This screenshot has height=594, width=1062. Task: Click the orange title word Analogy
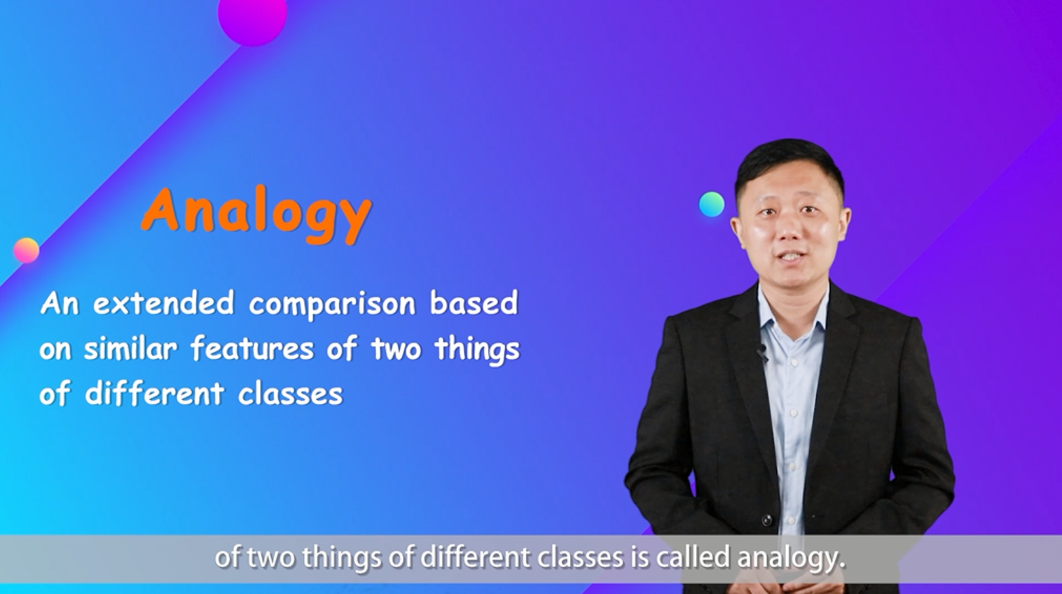tap(256, 214)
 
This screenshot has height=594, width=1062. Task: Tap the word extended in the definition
tap(163, 303)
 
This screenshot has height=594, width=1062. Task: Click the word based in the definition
tap(474, 303)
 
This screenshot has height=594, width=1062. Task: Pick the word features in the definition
tap(251, 348)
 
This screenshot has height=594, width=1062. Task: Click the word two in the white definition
tap(396, 350)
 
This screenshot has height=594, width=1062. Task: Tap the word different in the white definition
tap(154, 394)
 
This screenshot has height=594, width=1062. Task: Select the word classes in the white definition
tap(290, 394)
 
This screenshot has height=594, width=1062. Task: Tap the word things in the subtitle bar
tap(341, 559)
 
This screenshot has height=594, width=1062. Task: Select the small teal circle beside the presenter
tap(712, 205)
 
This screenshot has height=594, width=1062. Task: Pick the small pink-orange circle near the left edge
tap(26, 250)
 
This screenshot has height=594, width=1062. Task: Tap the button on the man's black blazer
tap(766, 520)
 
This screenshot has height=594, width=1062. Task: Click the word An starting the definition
tap(60, 303)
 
